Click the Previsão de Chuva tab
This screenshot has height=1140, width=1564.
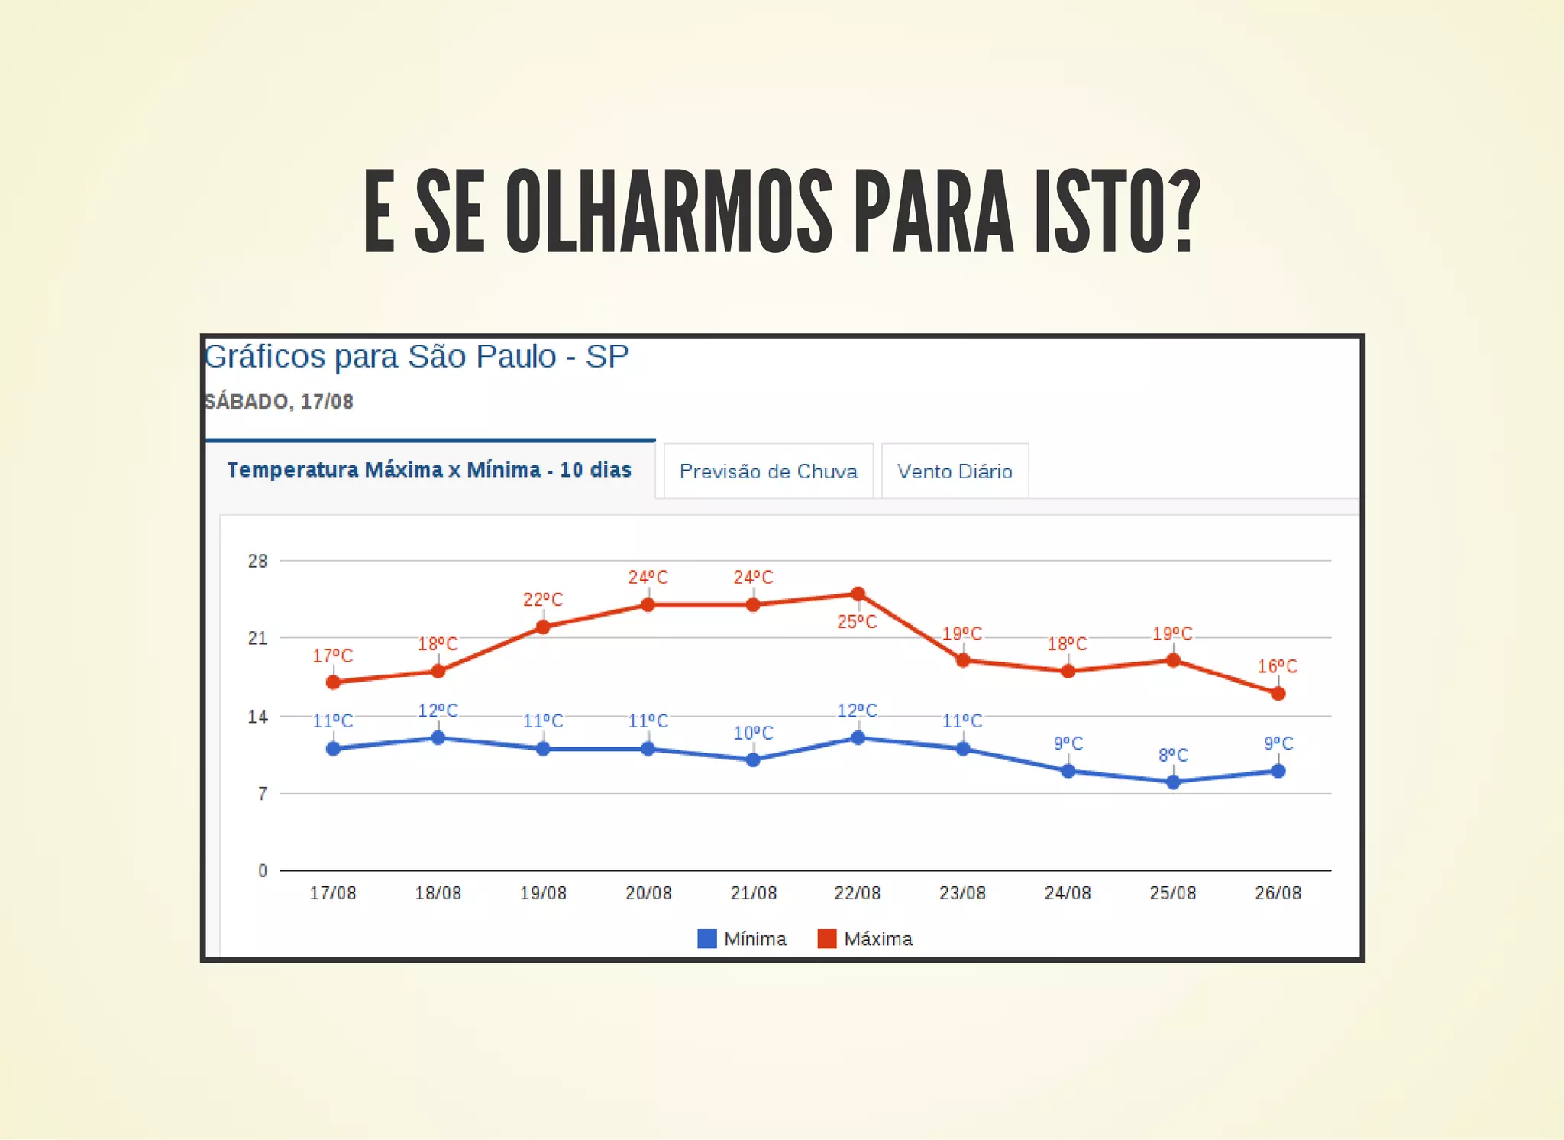click(x=767, y=471)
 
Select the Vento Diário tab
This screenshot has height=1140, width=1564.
click(x=955, y=471)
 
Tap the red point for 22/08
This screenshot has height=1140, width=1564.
click(x=858, y=594)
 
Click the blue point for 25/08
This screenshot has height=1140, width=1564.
click(x=1173, y=782)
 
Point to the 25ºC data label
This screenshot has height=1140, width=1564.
click(x=857, y=622)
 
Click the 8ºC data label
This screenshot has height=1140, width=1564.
click(x=1173, y=756)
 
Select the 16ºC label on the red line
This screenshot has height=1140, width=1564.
click(x=1278, y=666)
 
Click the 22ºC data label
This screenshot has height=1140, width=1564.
click(x=543, y=600)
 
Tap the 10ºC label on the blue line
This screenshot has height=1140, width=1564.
click(x=753, y=734)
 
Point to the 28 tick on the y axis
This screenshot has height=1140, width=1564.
click(x=258, y=562)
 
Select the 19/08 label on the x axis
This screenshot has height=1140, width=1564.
click(x=543, y=893)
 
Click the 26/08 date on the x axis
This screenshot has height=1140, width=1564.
click(x=1278, y=893)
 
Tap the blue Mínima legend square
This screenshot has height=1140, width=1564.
click(x=707, y=938)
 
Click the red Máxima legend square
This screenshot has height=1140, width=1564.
click(x=827, y=938)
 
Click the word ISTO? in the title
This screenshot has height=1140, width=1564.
click(x=1117, y=212)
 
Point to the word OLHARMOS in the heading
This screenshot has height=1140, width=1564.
click(x=668, y=212)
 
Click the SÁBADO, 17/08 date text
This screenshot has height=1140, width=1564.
click(x=279, y=402)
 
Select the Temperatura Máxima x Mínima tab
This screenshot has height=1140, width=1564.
click(x=429, y=470)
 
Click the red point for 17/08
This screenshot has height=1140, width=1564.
click(x=333, y=682)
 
